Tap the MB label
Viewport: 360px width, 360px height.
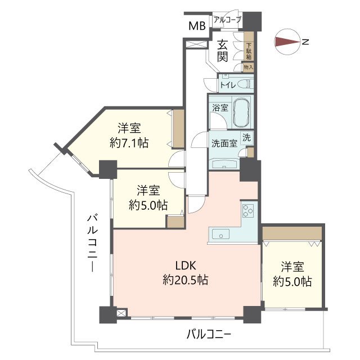[196, 26]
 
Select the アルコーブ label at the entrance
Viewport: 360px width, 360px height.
[227, 20]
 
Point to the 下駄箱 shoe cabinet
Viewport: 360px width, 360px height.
[249, 50]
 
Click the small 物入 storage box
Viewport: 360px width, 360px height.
[248, 67]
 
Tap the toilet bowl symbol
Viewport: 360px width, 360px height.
[244, 84]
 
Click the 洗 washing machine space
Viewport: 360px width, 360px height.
[246, 137]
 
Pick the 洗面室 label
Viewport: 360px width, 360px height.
[223, 143]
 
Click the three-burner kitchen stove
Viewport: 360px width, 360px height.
[248, 210]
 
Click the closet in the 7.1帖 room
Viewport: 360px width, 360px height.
[178, 129]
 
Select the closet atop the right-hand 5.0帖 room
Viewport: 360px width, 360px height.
[292, 232]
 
